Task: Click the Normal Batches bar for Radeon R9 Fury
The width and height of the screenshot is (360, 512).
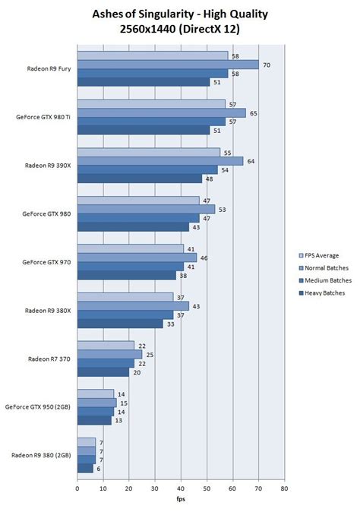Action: tap(167, 65)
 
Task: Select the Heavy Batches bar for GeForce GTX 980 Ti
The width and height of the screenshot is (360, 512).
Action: tap(143, 130)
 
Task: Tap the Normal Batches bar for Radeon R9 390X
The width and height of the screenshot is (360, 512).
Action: tap(159, 160)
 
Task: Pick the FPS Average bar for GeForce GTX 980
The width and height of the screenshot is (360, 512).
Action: tap(137, 201)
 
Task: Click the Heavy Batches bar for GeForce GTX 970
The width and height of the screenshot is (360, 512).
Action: tap(128, 275)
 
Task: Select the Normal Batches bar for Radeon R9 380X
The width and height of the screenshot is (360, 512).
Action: tap(132, 305)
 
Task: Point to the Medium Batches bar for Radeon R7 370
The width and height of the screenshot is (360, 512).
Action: tap(105, 363)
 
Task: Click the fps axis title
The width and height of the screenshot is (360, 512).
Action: tap(180, 501)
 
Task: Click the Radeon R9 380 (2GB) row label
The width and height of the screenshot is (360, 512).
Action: tap(41, 455)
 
